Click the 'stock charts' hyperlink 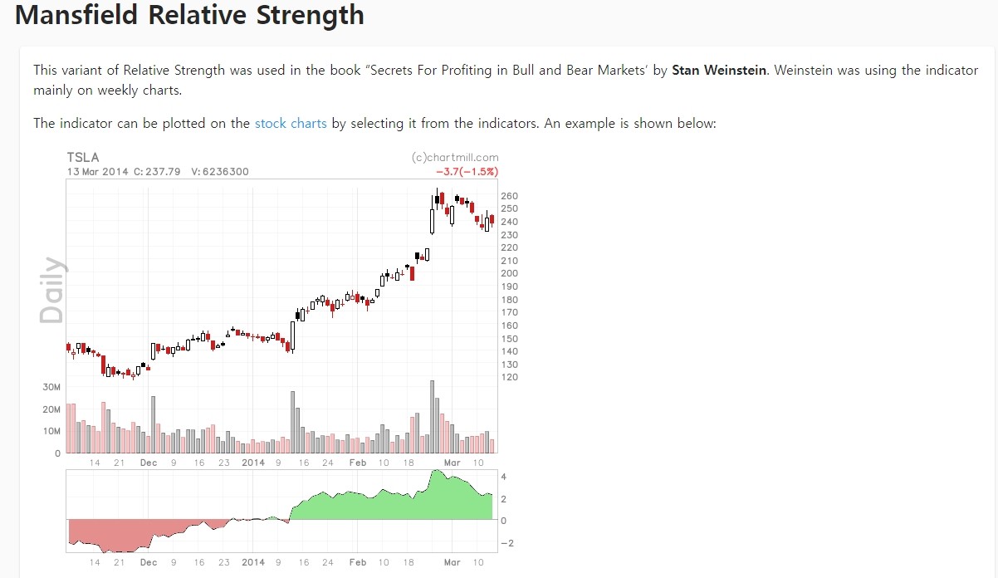[291, 123]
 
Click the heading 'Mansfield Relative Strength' [189, 15]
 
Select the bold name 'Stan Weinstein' [719, 71]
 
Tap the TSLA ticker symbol [83, 158]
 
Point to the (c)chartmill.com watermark [455, 157]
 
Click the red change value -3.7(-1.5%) [467, 172]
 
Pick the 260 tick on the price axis [509, 195]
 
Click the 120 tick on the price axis [509, 377]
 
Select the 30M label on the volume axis [51, 388]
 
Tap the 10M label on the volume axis [51, 432]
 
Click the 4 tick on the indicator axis [504, 477]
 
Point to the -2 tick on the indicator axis [506, 543]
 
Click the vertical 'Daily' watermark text [51, 290]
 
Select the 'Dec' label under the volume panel [148, 463]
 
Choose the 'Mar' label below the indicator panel [452, 562]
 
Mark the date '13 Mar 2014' [97, 172]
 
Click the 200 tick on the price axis [509, 273]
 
